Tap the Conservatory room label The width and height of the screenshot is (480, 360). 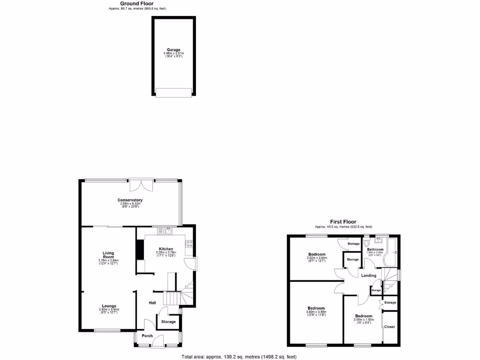pos(130,200)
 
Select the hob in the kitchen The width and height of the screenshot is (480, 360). pos(189,244)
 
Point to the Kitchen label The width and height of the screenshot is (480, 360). pos(166,249)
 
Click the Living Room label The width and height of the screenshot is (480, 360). pos(109,255)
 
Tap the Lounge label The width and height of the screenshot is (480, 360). pos(109,306)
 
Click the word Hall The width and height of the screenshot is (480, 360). pos(152,303)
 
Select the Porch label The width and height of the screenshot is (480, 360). pos(147,335)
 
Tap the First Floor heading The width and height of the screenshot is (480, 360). pos(343,222)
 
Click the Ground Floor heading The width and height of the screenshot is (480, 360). pos(137,4)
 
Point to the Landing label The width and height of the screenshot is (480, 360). pos(368,275)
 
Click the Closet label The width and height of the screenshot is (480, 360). pos(390,327)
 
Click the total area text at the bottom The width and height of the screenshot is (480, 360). pos(239,357)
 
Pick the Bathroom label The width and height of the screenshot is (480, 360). pos(375,249)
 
